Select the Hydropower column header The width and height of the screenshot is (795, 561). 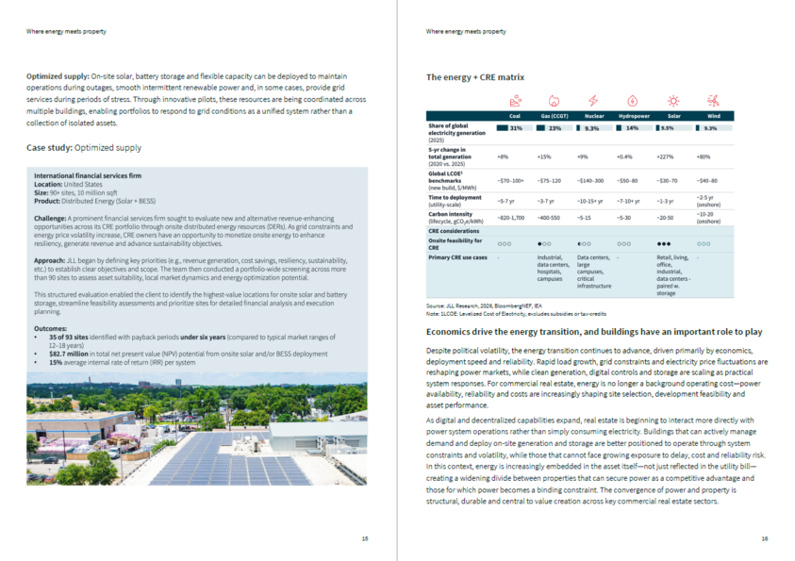[632, 115]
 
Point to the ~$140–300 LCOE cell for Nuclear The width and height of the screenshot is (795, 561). [592, 180]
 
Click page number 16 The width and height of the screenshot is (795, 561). [764, 538]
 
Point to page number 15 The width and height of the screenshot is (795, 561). [365, 538]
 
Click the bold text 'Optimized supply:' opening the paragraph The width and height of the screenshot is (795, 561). [58, 75]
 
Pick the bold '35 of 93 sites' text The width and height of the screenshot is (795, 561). [65, 337]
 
